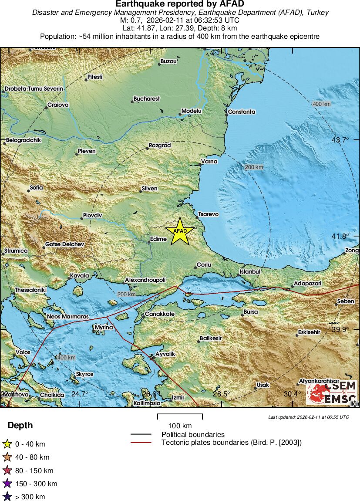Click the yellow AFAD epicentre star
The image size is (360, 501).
[179, 231]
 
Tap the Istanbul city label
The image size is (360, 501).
[250, 272]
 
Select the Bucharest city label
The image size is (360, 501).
[147, 99]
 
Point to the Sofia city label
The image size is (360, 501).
[36, 187]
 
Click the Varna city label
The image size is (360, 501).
[209, 162]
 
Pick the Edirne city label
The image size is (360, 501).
[158, 239]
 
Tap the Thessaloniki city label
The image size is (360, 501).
[30, 290]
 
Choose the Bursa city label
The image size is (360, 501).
[250, 312]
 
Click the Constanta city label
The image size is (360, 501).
[242, 112]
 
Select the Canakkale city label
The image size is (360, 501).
[160, 314]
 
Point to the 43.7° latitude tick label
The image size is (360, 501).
[340, 140]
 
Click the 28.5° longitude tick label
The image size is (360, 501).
[221, 394]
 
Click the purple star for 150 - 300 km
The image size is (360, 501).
[7, 484]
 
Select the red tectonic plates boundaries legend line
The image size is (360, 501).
[141, 443]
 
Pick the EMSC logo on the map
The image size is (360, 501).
[332, 392]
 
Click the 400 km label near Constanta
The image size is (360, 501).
[321, 104]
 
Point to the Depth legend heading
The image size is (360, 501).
[20, 426]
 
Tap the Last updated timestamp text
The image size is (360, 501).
[308, 417]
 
